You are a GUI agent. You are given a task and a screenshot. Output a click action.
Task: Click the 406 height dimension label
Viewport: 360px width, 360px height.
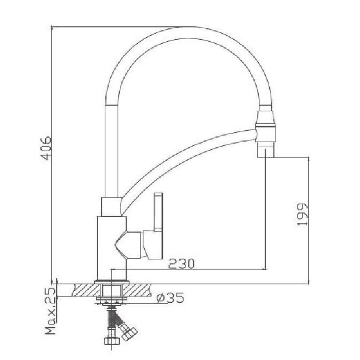(x=46, y=148)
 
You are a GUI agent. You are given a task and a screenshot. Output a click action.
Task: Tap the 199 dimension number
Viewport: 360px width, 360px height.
(x=302, y=215)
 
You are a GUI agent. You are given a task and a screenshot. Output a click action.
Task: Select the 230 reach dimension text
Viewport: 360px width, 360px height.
(x=181, y=264)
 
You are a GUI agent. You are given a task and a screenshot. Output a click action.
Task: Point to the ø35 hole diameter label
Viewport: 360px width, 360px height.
(x=170, y=297)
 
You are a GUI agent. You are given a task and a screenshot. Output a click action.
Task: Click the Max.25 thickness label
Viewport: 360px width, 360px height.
(x=50, y=311)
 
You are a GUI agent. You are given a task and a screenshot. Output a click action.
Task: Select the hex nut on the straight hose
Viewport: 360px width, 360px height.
(x=112, y=341)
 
